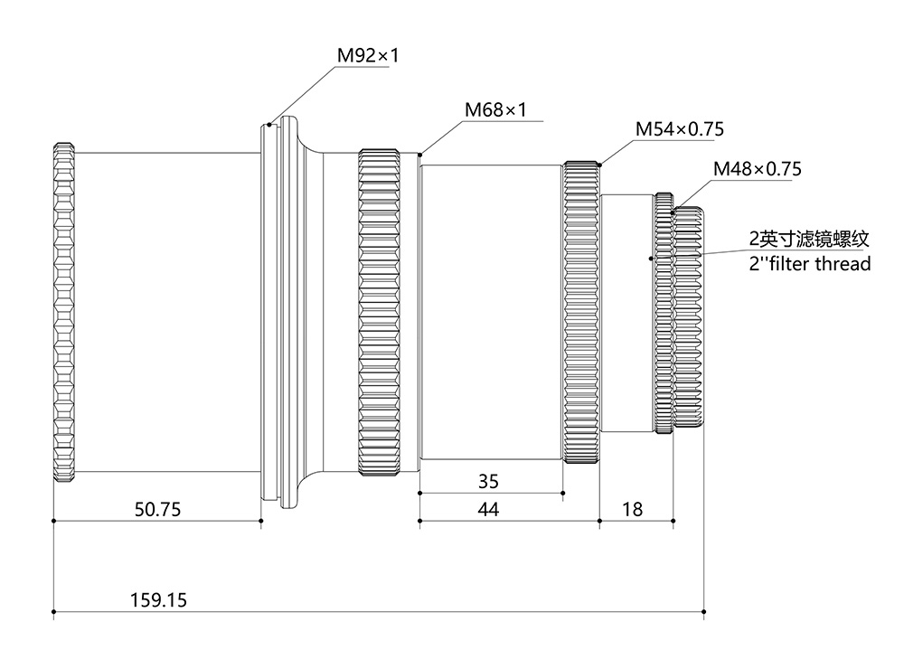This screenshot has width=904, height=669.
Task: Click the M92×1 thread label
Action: click(x=368, y=56)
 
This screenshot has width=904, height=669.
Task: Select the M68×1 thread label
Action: click(x=495, y=110)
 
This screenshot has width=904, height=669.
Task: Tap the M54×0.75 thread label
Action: click(x=679, y=129)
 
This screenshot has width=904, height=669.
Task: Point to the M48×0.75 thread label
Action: click(x=758, y=168)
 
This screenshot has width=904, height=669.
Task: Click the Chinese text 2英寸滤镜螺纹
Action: click(x=809, y=240)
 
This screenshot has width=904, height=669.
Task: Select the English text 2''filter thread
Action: click(x=810, y=264)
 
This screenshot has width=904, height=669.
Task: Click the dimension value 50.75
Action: click(x=157, y=509)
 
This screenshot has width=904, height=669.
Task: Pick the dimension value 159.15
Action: click(x=158, y=599)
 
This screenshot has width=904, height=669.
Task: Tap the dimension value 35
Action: click(x=487, y=481)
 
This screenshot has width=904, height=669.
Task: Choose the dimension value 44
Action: click(x=487, y=509)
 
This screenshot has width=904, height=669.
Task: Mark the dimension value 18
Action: click(x=633, y=509)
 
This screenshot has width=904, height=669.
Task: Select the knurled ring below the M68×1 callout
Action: click(x=380, y=312)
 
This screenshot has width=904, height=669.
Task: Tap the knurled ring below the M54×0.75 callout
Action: click(x=581, y=312)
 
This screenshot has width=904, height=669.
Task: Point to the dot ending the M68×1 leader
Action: click(x=419, y=155)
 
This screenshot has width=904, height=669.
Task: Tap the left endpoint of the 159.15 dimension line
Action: click(x=54, y=612)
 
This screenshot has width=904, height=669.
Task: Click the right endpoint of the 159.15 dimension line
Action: click(x=704, y=612)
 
